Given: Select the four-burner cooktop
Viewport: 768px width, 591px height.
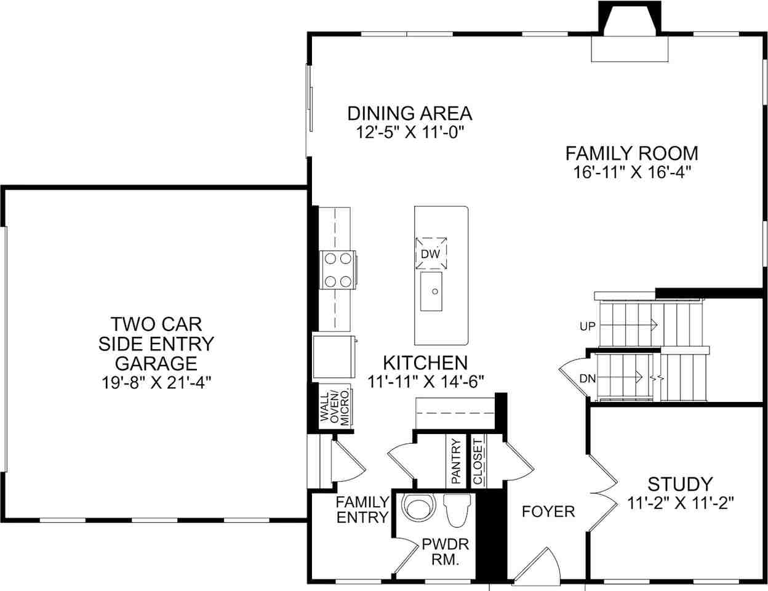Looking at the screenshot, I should [337, 270].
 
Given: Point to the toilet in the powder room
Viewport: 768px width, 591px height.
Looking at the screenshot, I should [456, 511].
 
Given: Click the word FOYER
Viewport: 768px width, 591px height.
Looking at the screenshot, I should [548, 511].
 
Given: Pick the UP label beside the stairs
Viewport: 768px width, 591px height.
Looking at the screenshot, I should [588, 326].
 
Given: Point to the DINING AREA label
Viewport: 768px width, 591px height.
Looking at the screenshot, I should [410, 113].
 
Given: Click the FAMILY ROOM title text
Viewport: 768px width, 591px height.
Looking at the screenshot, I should [631, 152].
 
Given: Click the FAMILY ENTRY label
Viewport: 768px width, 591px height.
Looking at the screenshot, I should [362, 509].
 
